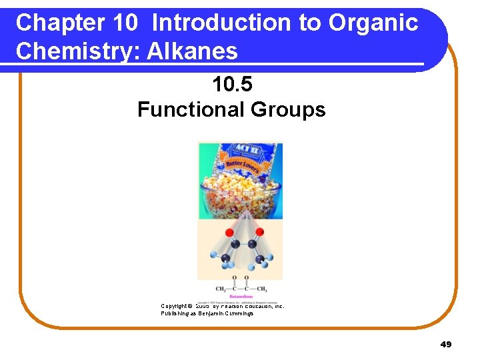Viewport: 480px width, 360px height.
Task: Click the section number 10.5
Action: click(231, 85)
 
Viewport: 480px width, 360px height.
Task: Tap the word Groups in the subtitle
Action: click(289, 109)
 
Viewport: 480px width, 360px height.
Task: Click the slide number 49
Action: click(446, 345)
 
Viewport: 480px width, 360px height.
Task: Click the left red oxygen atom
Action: click(228, 233)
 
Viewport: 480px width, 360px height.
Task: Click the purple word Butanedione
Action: click(241, 295)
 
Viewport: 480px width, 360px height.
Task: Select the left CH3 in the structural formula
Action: click(221, 289)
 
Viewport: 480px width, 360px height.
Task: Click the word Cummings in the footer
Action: click(239, 313)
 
